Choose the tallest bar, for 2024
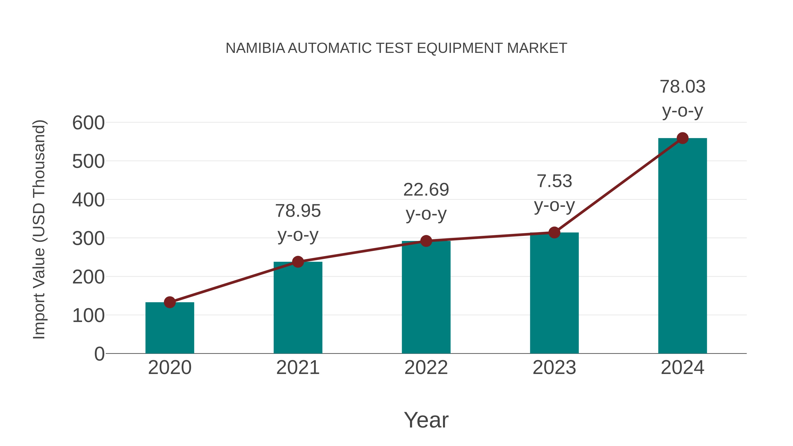pos(682,246)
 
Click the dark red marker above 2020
pos(170,302)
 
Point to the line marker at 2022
pos(426,241)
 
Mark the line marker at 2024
pos(682,138)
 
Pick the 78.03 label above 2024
pos(682,87)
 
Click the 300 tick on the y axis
pos(88,239)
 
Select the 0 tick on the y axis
pos(99,354)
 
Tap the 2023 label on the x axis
pos(554,368)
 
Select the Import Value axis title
pos(39,229)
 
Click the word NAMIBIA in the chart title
pos(255,48)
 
